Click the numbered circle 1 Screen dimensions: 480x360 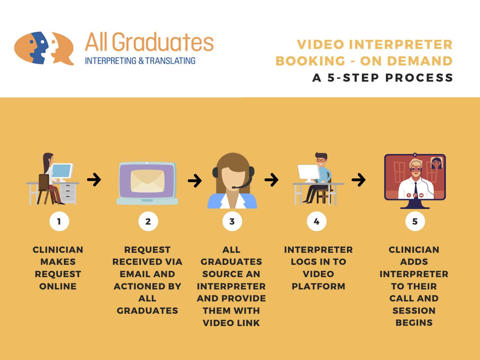pos(59,221)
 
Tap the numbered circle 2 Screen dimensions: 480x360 pos(148,221)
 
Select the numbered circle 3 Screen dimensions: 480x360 pos(232,221)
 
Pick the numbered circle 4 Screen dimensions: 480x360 pos(316,221)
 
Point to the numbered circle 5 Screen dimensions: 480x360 pos(415,221)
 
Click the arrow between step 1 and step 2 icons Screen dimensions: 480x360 pos(94,180)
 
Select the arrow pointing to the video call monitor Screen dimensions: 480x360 pos(358,180)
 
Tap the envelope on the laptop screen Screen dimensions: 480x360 pos(147,181)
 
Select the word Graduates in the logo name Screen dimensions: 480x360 pos(163,42)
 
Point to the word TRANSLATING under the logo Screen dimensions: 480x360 pos(170,61)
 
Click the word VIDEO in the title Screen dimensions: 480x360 pos(321,45)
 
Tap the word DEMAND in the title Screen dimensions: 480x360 pos(420,61)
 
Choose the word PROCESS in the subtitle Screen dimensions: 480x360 pos(419,78)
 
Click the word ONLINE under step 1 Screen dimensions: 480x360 pos(58,286)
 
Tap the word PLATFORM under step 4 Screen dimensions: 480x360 pos(318,286)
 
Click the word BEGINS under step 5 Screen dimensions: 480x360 pos(414,323)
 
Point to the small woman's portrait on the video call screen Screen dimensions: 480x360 pos(436,163)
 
